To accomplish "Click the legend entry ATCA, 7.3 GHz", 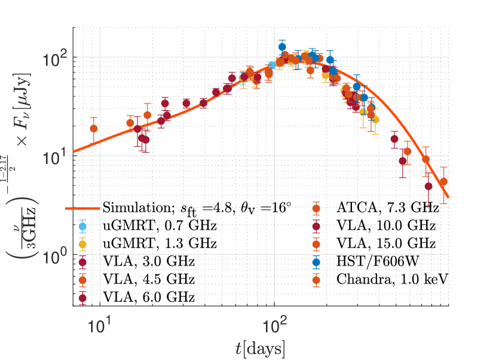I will (387, 209).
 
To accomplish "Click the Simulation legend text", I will (197, 208).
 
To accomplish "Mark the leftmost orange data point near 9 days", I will (94, 129).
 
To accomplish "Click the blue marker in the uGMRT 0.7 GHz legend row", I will (83, 226).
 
